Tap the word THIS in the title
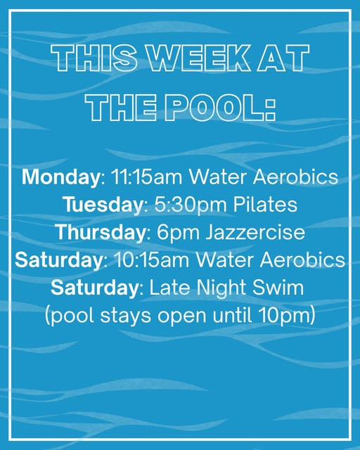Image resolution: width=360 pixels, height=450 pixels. pos(94,58)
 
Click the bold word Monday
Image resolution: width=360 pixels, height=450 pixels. pos(60,177)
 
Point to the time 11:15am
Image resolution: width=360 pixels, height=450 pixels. pos(146,176)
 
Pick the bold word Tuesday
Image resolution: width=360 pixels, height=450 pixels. pos(103,205)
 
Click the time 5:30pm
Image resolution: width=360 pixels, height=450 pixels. pos(191,205)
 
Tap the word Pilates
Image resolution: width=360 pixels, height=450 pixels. pos(265,205)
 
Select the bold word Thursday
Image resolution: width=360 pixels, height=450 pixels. pos(101,232)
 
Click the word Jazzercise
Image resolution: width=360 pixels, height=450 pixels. pos(255,232)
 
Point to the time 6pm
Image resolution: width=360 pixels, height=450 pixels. pos(178,233)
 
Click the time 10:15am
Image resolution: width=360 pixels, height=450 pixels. pos(152,259)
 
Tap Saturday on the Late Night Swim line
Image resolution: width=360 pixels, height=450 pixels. pos(95,288)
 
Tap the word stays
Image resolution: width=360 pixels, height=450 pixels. pos(125,316)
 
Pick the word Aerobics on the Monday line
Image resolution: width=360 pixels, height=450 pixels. pos(296,176)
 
